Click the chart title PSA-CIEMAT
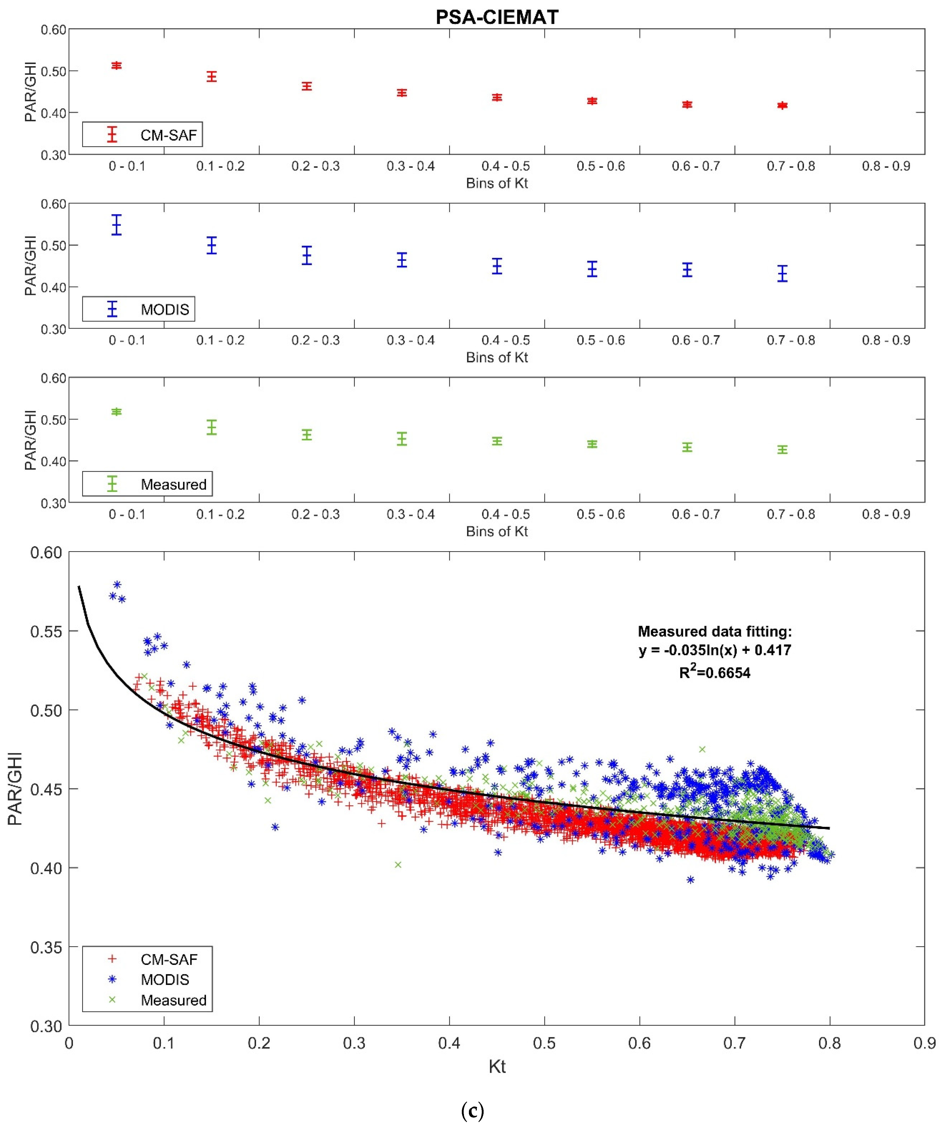tap(496, 17)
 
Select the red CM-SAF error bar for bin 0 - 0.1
tap(117, 66)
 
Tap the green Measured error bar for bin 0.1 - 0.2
tap(211, 427)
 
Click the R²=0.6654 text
tap(715, 672)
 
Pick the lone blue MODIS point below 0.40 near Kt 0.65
tap(690, 880)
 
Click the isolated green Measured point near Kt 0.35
tap(398, 865)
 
